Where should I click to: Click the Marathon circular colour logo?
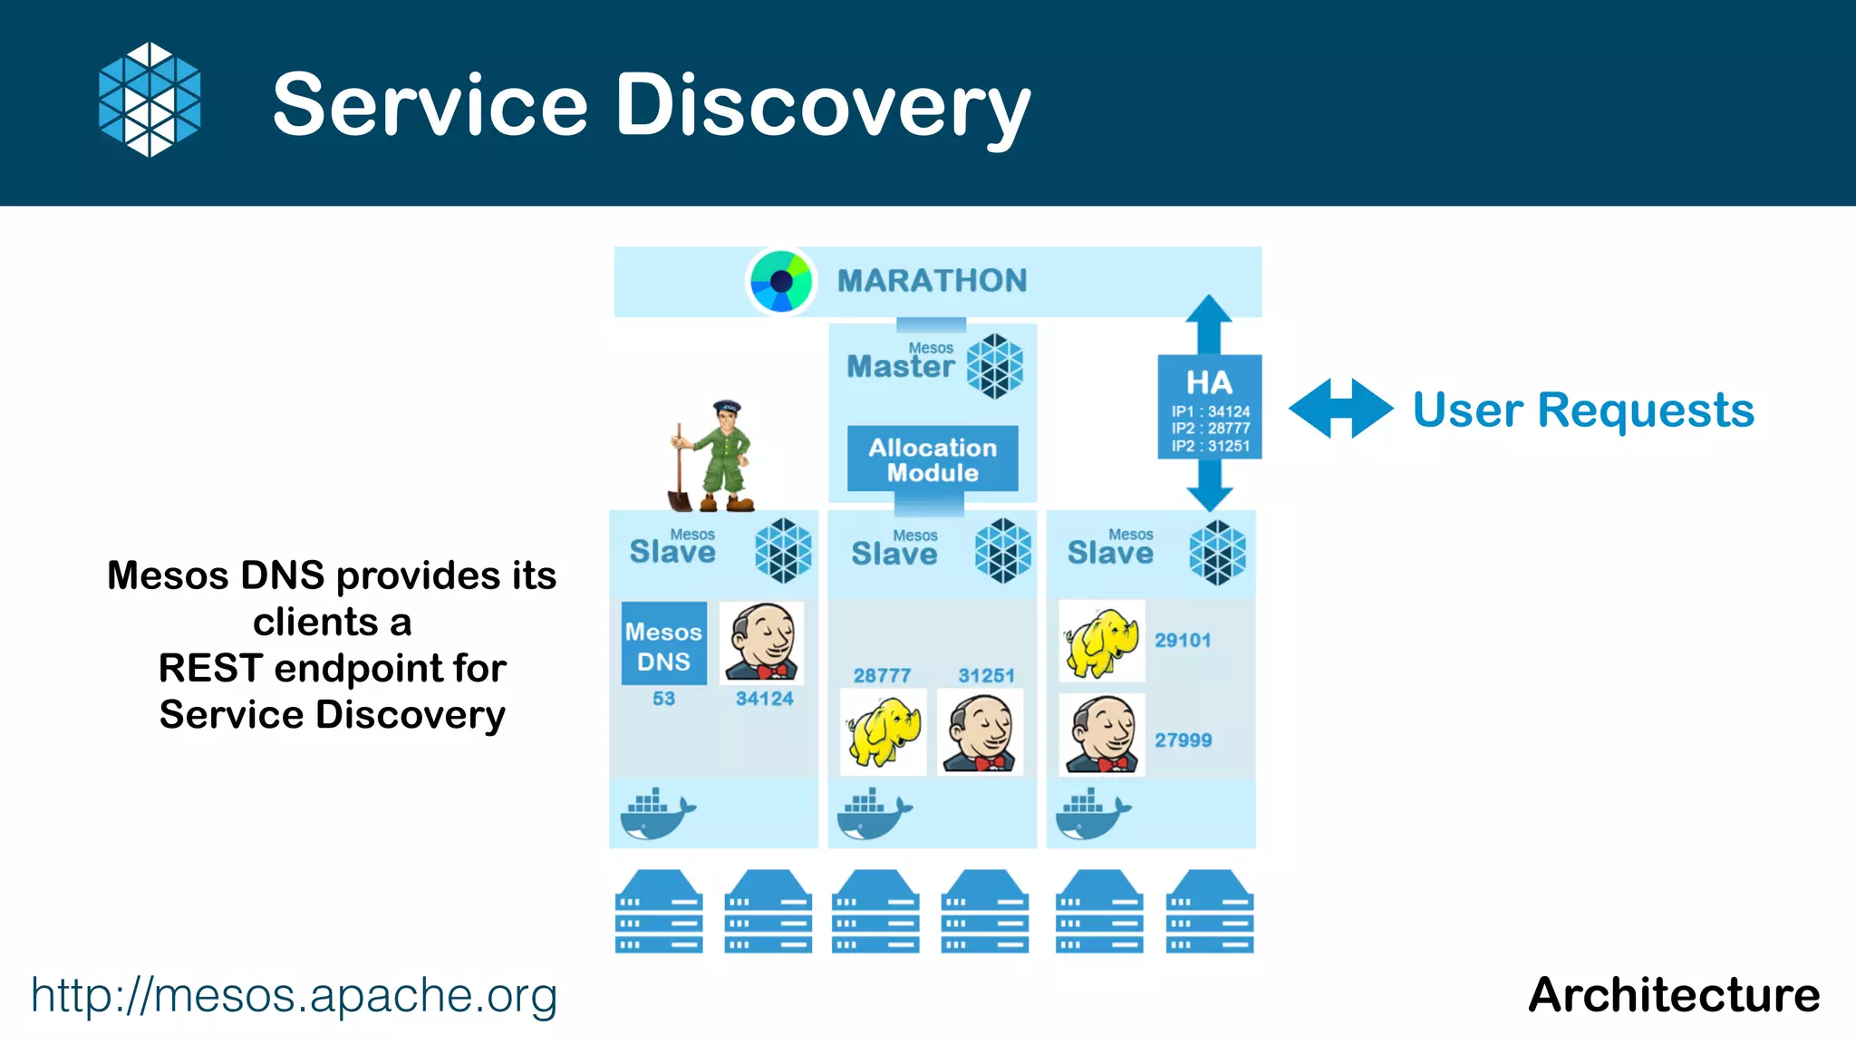(x=780, y=281)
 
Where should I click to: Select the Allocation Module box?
(x=933, y=459)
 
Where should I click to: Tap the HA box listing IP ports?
(x=1209, y=407)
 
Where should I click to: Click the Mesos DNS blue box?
(x=663, y=643)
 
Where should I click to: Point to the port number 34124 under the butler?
(x=764, y=699)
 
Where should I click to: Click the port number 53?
(x=663, y=699)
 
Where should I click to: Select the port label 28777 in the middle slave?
(x=882, y=675)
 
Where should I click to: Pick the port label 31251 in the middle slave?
(x=986, y=675)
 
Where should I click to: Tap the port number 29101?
(x=1183, y=641)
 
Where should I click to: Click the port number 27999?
(x=1183, y=740)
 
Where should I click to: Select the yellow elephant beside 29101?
(x=1101, y=642)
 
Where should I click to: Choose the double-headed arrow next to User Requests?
(x=1340, y=409)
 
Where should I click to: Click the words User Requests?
(x=1582, y=410)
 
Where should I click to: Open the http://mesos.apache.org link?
(x=294, y=995)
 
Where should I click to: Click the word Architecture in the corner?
(x=1673, y=995)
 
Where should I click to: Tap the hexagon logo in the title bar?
(x=150, y=100)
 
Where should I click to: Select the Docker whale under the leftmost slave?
(x=657, y=813)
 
